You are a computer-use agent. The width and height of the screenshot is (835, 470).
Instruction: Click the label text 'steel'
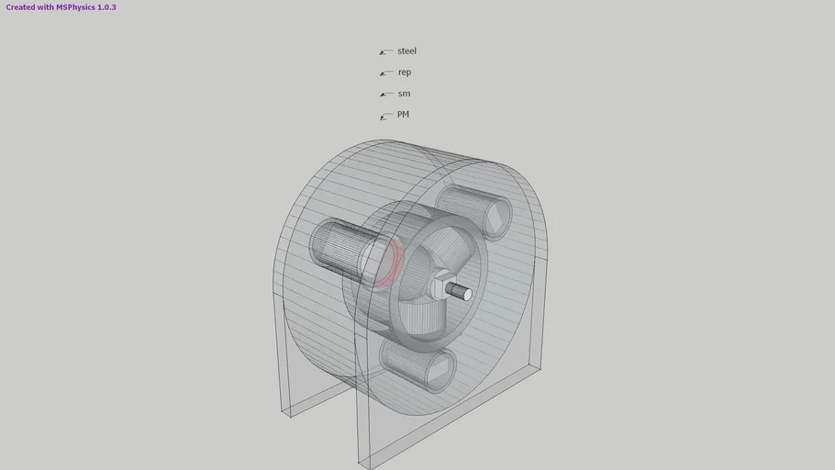[406, 51]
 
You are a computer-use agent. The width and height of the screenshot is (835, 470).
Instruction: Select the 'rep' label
[405, 73]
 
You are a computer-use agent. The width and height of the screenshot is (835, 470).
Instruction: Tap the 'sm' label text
[404, 94]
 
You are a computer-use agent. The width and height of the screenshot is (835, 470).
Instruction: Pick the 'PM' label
[403, 115]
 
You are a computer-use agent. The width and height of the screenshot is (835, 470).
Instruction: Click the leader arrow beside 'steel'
[385, 52]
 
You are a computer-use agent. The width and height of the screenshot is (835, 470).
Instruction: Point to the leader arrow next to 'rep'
[385, 73]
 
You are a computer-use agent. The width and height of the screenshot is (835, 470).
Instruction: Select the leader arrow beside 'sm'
[385, 95]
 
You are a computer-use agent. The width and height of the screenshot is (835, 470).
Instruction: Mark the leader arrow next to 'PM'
[385, 117]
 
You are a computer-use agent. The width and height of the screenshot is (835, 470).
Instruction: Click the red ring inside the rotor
[392, 263]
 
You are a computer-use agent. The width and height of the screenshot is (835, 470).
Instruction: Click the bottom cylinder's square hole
[438, 369]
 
